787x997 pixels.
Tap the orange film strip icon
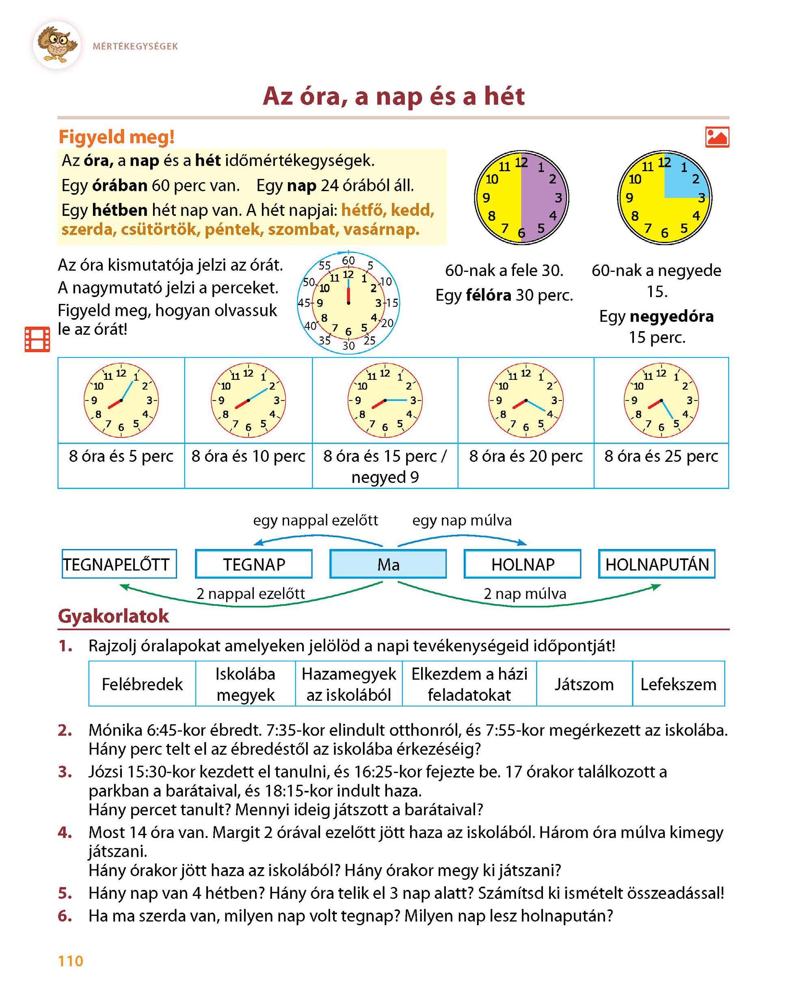point(37,339)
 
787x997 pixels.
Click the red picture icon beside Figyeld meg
point(717,137)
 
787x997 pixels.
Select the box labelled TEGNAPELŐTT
point(119,564)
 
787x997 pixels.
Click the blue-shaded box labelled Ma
point(388,564)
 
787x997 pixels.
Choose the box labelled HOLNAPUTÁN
point(657,564)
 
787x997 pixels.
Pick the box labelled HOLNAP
point(523,564)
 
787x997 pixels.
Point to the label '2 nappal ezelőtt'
point(251,593)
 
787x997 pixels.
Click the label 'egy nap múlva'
point(462,520)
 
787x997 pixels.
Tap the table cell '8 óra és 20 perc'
point(526,456)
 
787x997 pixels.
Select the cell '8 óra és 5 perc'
point(121,456)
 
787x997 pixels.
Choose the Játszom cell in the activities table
point(584,684)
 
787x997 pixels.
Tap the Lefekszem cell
point(678,684)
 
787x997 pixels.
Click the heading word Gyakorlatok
point(113,616)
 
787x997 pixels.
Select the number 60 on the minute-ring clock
point(348,261)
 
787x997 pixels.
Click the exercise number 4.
point(65,833)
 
